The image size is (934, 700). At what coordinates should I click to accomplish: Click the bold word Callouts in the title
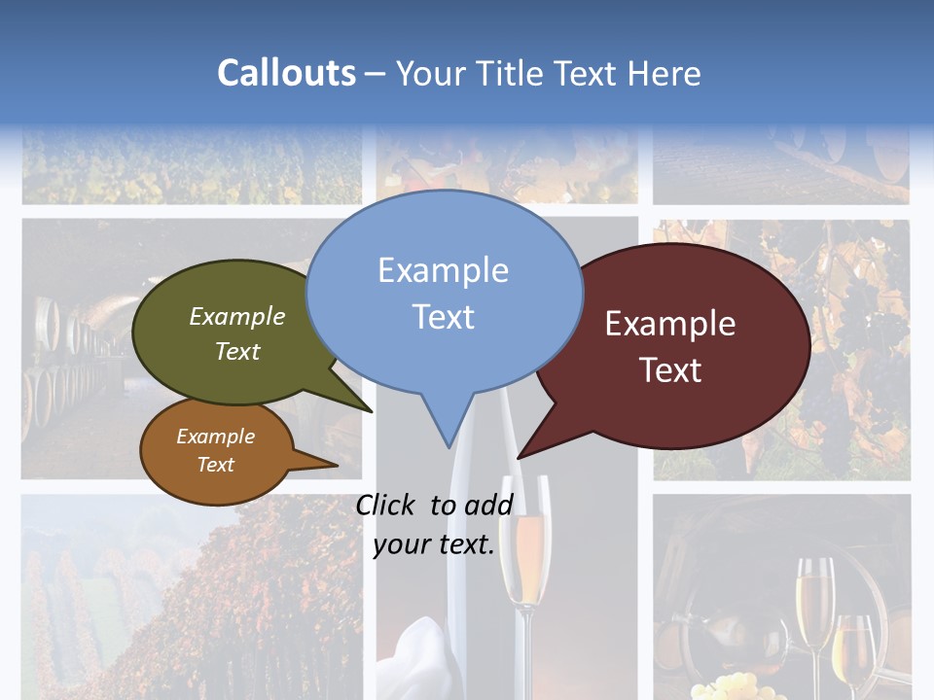coord(286,73)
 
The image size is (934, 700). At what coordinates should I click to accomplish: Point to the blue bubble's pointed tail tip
coord(449,446)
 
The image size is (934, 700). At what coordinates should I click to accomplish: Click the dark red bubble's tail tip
coord(520,456)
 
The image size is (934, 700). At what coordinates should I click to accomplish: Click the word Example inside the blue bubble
coord(443,269)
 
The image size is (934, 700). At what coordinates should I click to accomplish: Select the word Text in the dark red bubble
coord(670,370)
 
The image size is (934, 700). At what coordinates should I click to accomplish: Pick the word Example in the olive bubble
coord(236,316)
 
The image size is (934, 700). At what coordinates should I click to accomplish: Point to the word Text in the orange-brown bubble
coord(215,465)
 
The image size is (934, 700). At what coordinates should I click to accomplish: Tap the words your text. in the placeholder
coord(434,544)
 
